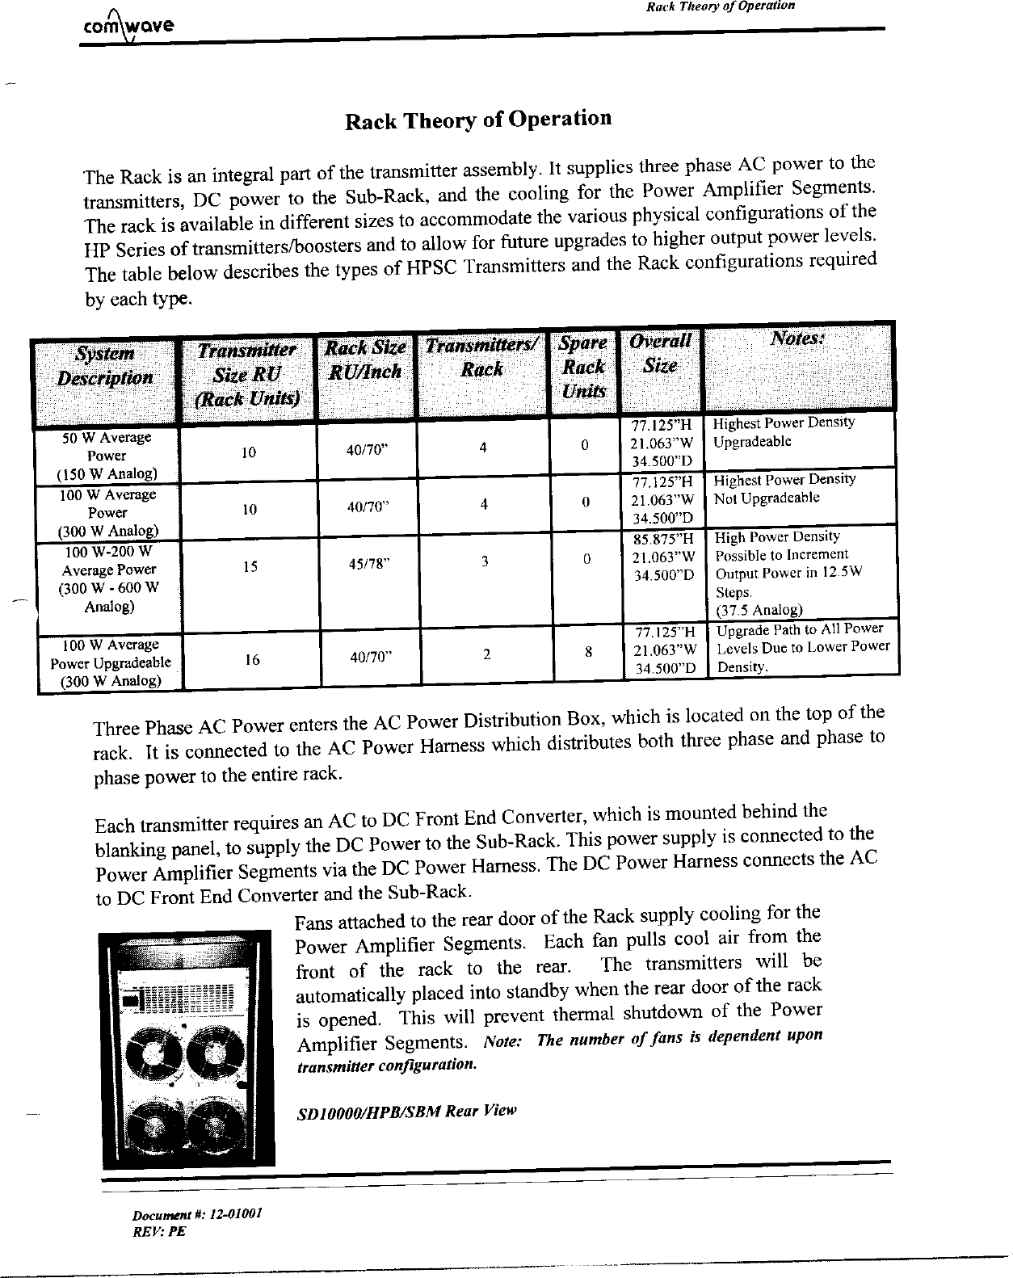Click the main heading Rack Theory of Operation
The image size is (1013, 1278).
tap(478, 120)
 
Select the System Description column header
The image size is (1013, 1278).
tap(105, 366)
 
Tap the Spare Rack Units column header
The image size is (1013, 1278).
tap(583, 367)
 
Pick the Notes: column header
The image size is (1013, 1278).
tap(798, 338)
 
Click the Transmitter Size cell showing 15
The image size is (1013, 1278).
tap(250, 567)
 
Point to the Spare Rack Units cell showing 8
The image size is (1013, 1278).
tap(590, 652)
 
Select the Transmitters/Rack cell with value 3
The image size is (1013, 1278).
tap(483, 561)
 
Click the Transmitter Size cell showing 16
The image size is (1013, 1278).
tap(252, 660)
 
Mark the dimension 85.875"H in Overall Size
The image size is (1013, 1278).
tap(664, 538)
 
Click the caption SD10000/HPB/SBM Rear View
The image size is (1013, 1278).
tap(406, 1112)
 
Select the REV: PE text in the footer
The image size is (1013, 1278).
tap(160, 1233)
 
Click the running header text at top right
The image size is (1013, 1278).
tap(721, 6)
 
